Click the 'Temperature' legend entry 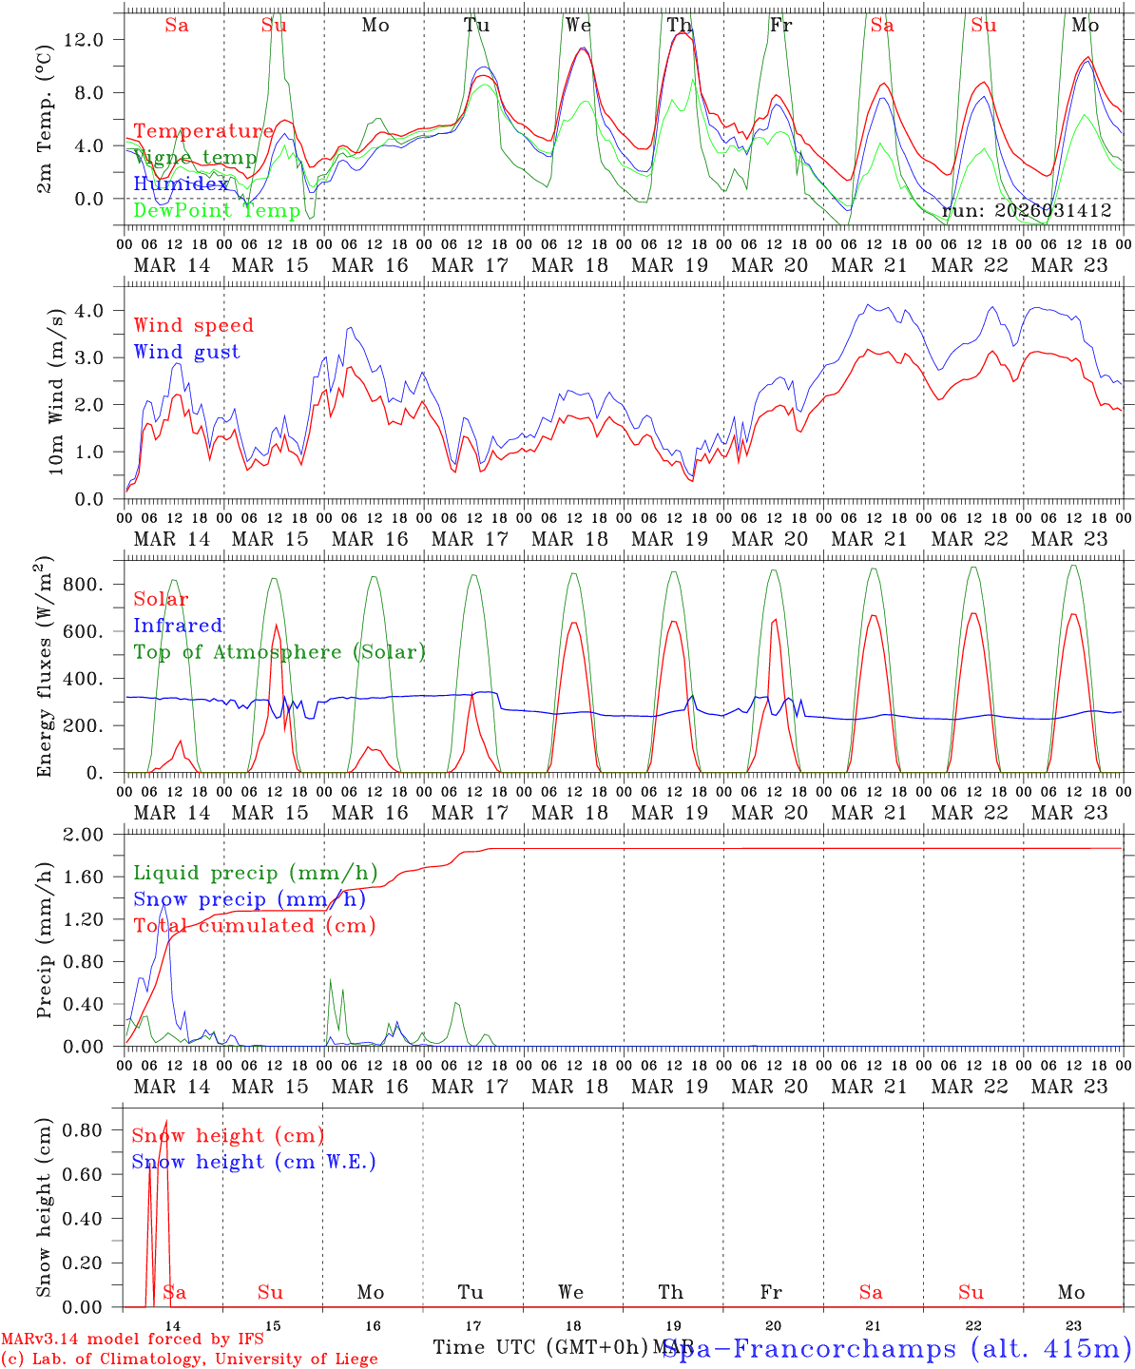pyautogui.click(x=203, y=131)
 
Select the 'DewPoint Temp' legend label pyautogui.click(x=217, y=210)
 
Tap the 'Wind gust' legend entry pyautogui.click(x=186, y=352)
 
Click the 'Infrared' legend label pyautogui.click(x=178, y=626)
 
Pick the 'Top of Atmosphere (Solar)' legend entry pyautogui.click(x=279, y=652)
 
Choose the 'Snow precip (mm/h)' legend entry pyautogui.click(x=249, y=899)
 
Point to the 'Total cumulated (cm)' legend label pyautogui.click(x=254, y=925)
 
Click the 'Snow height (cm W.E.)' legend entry pyautogui.click(x=254, y=1162)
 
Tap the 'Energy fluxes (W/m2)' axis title pyautogui.click(x=43, y=669)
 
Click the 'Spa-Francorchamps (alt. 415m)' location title pyautogui.click(x=897, y=1348)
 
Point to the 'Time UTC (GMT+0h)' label pyautogui.click(x=540, y=1347)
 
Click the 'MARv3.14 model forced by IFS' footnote pyautogui.click(x=132, y=1340)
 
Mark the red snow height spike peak pyautogui.click(x=166, y=1122)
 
